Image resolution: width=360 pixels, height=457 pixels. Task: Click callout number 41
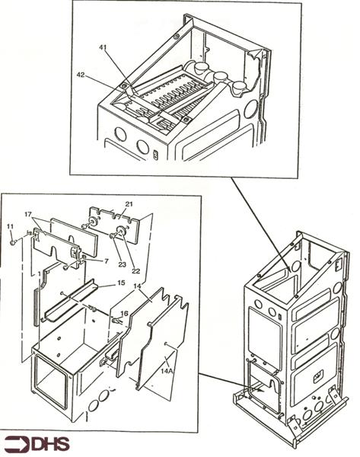coord(103,47)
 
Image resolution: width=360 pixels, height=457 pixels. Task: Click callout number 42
coord(81,75)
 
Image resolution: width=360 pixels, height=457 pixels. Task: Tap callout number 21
coord(129,204)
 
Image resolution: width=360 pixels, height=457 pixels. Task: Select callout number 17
coord(27,215)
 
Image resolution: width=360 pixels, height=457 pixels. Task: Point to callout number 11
coord(10,226)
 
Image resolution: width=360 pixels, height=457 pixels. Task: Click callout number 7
coord(106,261)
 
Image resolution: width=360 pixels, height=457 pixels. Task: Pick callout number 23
coord(122,264)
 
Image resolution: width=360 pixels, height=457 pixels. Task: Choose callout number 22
coord(135,271)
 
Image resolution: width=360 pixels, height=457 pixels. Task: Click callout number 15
coord(121,283)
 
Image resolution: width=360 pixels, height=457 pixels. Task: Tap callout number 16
coord(124,314)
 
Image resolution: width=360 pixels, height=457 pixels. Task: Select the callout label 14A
coord(167,371)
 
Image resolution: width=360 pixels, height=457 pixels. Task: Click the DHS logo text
coord(51,445)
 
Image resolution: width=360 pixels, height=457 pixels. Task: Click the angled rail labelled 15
coord(71,300)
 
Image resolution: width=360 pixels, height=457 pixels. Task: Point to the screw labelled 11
coord(12,242)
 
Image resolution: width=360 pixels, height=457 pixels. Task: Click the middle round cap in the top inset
coord(219,77)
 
